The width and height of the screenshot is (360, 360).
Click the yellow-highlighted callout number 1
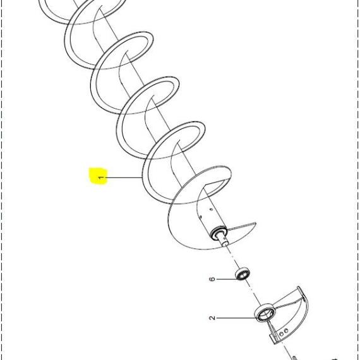click(x=100, y=178)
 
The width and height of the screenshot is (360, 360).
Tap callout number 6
click(x=212, y=279)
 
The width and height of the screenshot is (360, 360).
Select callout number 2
click(x=212, y=318)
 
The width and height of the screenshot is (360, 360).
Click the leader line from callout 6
click(x=227, y=279)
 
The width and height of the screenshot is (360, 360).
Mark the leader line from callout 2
click(x=237, y=318)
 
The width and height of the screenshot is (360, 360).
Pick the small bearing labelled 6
click(x=243, y=273)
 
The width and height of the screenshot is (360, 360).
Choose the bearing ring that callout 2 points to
click(x=265, y=313)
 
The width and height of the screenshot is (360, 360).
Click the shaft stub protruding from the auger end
click(x=223, y=240)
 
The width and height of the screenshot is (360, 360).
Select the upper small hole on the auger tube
click(x=211, y=209)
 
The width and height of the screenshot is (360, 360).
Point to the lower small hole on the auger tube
click(x=201, y=217)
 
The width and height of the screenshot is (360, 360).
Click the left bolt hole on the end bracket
click(x=281, y=334)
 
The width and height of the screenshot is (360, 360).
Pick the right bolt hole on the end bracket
click(x=286, y=331)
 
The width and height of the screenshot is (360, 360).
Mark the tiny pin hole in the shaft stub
click(x=224, y=239)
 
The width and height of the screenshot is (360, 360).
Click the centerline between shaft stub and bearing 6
click(x=233, y=257)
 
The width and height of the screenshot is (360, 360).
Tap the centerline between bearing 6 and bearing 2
click(x=254, y=292)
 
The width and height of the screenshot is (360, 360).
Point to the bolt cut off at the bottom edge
click(x=295, y=358)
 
